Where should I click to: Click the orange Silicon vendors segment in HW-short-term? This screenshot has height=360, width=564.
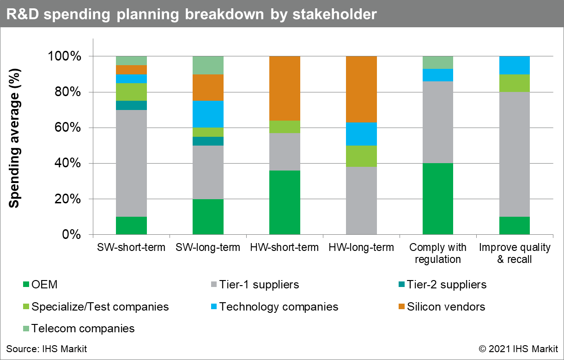click(285, 88)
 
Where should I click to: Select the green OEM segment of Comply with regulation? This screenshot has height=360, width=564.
click(438, 199)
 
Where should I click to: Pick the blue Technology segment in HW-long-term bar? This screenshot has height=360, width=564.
click(361, 134)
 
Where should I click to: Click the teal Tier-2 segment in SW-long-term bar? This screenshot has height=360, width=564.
click(208, 141)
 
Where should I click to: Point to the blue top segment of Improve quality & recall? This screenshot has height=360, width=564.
click(515, 65)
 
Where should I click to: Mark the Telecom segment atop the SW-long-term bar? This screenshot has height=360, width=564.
click(208, 65)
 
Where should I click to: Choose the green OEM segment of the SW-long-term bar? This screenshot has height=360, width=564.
click(208, 217)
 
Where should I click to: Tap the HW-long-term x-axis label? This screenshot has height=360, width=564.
click(361, 248)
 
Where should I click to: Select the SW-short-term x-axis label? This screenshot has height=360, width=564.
click(131, 248)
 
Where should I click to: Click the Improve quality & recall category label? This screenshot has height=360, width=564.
click(515, 253)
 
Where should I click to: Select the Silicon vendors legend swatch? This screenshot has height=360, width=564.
click(400, 307)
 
